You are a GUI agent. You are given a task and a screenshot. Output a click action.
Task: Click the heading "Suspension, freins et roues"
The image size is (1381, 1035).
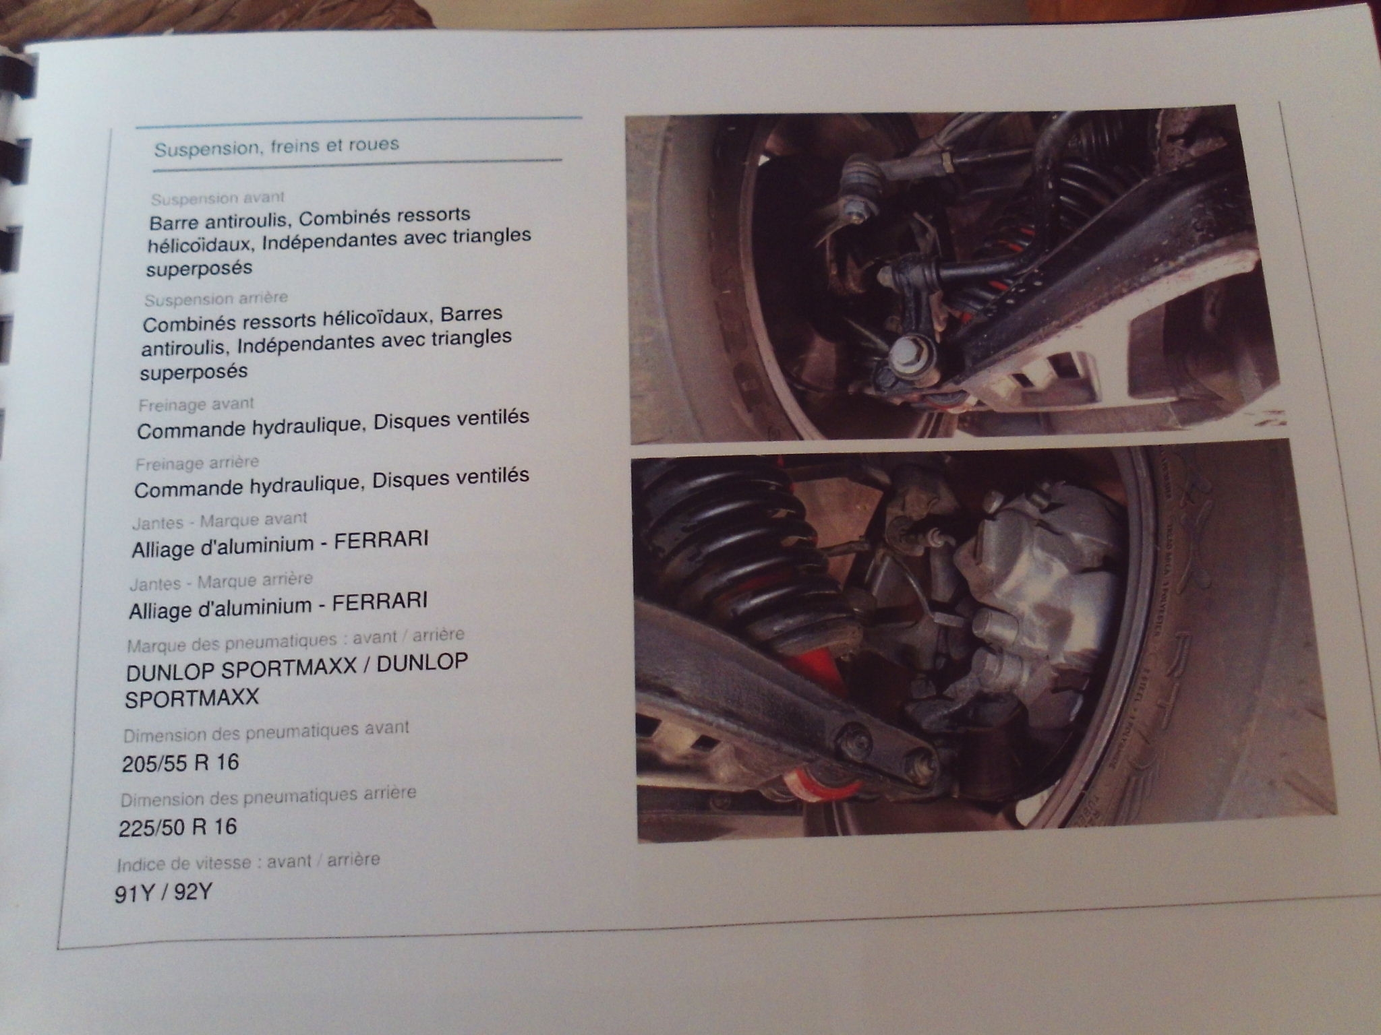point(276,146)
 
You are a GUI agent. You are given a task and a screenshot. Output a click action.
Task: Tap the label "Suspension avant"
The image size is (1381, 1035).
point(218,199)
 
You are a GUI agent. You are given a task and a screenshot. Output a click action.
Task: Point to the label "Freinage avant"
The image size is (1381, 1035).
point(196,405)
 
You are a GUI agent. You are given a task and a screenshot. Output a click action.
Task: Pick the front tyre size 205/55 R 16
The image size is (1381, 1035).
point(181,763)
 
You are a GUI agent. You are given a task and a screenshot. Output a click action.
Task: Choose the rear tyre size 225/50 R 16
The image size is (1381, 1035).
point(178,827)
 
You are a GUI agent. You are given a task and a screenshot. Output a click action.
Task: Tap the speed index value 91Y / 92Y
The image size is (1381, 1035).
point(164,893)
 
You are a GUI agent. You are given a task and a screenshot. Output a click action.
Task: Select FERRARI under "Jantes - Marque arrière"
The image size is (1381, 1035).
point(380,601)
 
